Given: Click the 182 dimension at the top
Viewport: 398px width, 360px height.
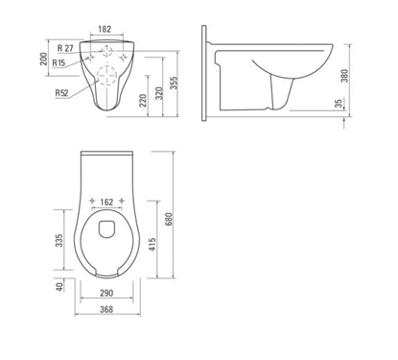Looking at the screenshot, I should [x=108, y=31].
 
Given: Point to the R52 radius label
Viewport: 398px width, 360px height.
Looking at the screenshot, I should [x=62, y=92].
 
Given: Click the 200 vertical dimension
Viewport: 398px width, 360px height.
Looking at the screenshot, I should [x=42, y=59].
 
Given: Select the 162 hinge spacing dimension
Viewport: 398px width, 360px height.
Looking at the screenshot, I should [x=107, y=203].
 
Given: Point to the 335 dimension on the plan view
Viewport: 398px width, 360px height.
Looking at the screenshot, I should [x=60, y=238].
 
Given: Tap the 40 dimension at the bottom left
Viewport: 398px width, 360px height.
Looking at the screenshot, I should [x=60, y=286].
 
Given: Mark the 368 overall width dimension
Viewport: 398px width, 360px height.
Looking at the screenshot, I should [x=106, y=308].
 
